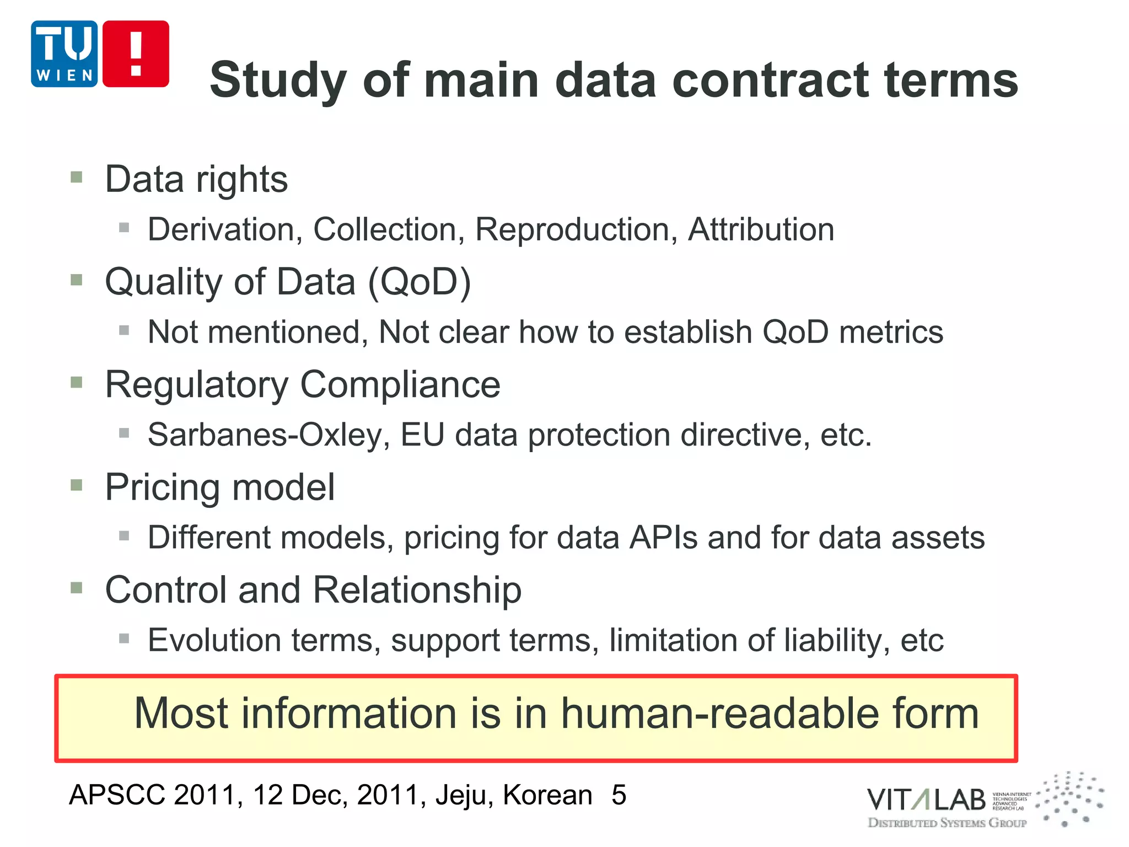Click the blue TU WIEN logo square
pos(64,54)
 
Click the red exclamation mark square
pos(136,54)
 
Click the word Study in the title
pos(278,81)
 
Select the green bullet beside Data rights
pos(77,178)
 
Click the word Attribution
pos(761,229)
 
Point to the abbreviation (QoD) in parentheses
pos(419,282)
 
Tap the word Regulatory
pos(196,385)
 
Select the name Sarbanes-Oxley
pos(269,435)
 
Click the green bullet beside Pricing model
pos(77,485)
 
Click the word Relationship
pos(417,590)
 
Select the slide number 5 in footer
pos(619,795)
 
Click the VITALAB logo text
pos(926,800)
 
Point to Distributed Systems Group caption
pos(947,823)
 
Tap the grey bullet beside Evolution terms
pos(124,639)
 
